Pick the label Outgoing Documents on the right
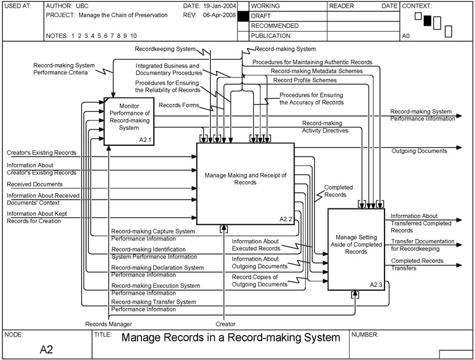point(419,151)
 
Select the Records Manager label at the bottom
point(109,324)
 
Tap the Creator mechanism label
point(225,324)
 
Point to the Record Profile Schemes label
point(305,80)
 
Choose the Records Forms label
point(179,105)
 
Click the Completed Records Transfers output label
point(416,264)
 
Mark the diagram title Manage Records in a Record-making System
point(231,337)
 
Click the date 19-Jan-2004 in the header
point(218,6)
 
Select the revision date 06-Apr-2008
point(218,15)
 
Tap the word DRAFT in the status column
point(262,15)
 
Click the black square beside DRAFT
point(241,15)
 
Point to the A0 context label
point(407,37)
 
